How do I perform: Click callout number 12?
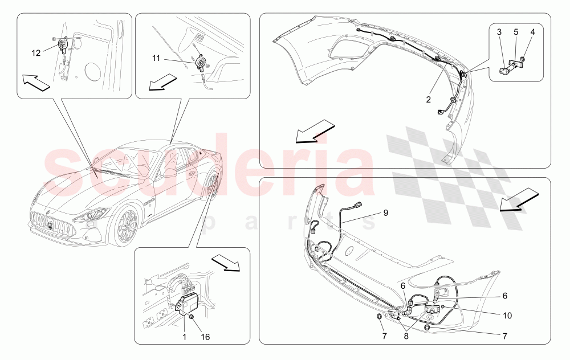[x=36, y=53]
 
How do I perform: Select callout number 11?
[x=156, y=58]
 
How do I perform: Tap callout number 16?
[x=205, y=337]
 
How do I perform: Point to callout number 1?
[x=184, y=337]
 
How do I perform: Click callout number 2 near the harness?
[x=429, y=99]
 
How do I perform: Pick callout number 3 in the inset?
[x=499, y=32]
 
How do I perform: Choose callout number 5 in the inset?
[x=516, y=32]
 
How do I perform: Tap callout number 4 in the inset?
[x=532, y=32]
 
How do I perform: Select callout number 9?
[x=386, y=212]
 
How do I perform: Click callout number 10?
[x=507, y=316]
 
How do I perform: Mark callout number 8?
[x=406, y=337]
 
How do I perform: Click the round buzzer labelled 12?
[x=62, y=44]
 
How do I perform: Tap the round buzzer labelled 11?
[x=200, y=62]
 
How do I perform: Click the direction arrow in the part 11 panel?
[x=162, y=81]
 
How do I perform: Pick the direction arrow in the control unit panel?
[x=226, y=262]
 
